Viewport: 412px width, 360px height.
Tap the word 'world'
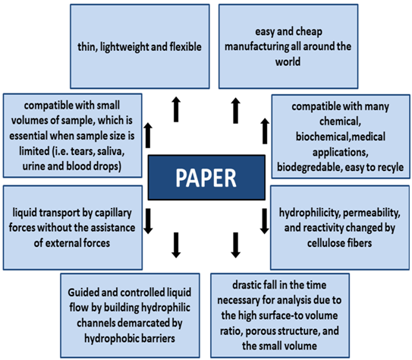[295, 61]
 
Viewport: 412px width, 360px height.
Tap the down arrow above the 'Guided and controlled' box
[176, 245]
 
